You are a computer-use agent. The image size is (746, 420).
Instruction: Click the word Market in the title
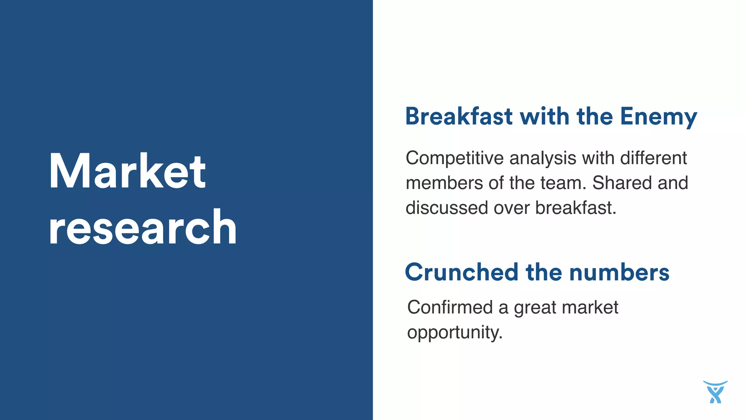click(127, 171)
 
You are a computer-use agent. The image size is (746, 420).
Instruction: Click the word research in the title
click(143, 228)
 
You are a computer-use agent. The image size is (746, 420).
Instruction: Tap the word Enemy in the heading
click(658, 117)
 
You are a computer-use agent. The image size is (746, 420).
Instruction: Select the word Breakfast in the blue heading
click(459, 117)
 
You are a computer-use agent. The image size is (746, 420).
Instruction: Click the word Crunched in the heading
click(462, 272)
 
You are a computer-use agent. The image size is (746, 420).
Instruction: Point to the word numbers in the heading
click(619, 272)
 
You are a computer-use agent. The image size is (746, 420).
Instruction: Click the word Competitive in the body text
click(455, 159)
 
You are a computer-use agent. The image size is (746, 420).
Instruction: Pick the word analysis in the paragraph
click(543, 159)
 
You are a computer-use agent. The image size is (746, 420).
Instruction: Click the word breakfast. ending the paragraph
click(576, 208)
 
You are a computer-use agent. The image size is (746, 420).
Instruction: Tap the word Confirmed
click(450, 307)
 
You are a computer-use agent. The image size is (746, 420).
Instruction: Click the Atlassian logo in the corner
click(715, 392)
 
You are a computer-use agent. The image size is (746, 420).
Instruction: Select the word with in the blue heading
click(544, 117)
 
